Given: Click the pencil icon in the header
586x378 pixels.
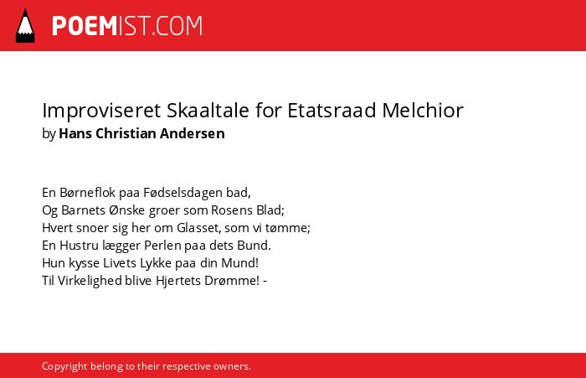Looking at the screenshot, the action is pos(25,26).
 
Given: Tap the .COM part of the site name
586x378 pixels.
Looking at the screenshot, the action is pos(177,26).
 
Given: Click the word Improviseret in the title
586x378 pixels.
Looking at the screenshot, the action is pos(101,111).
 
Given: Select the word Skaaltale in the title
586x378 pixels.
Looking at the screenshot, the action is pos(208,110).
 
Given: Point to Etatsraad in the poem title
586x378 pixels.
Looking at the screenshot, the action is pos(332,110).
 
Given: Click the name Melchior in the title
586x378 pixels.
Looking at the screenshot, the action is pos(423,110).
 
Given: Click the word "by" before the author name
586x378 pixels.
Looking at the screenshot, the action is pos(49,134).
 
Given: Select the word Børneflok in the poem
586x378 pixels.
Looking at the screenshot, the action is pos(87,193).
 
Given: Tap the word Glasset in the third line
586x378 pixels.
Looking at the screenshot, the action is pos(198,227).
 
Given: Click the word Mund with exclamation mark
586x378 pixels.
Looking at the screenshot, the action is pos(239,262).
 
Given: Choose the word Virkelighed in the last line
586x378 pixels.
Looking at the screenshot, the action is pos(90,281).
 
